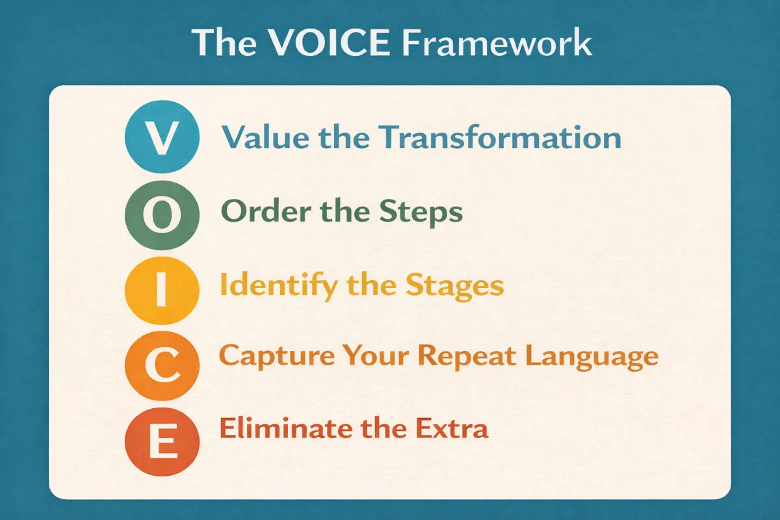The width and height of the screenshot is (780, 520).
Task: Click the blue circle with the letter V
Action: (162, 137)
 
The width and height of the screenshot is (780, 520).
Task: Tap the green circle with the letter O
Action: (162, 215)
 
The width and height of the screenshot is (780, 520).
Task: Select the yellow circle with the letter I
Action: (162, 291)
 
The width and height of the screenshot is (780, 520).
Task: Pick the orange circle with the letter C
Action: (162, 365)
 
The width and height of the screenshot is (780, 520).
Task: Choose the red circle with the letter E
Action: (162, 441)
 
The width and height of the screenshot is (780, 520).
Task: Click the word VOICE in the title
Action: (329, 42)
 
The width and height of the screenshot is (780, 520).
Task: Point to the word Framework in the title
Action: (497, 43)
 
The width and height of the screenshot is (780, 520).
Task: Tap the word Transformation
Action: (500, 138)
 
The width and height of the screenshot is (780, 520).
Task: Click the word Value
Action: (265, 138)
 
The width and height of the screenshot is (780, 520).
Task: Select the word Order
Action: (266, 211)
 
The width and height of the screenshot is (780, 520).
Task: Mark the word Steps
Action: (421, 213)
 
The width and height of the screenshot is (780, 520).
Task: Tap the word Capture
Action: (277, 357)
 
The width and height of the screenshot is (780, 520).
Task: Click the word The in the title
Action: (224, 42)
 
